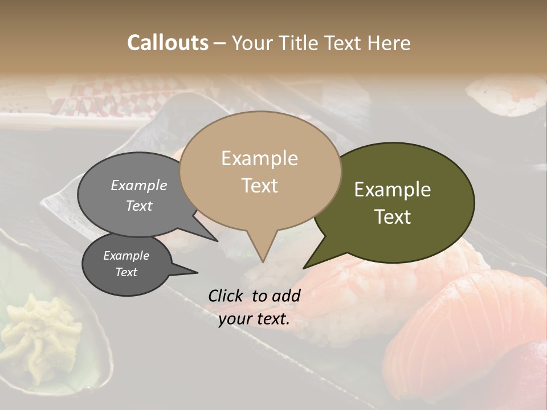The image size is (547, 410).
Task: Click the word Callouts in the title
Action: click(x=168, y=43)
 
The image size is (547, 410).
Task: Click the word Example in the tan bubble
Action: click(x=260, y=158)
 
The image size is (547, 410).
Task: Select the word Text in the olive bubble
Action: click(x=393, y=217)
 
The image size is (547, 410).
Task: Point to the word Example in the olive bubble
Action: click(x=393, y=190)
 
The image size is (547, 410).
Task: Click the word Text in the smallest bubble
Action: click(x=126, y=272)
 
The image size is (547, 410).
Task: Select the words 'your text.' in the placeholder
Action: click(x=254, y=319)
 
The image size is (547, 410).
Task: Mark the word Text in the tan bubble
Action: click(x=260, y=186)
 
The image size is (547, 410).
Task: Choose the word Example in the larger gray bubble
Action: click(x=139, y=185)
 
